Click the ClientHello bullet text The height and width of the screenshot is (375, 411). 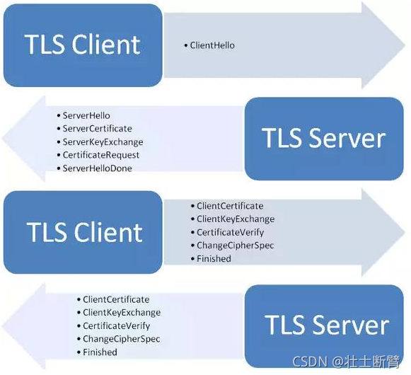(212, 45)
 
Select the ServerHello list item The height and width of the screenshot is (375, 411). (86, 115)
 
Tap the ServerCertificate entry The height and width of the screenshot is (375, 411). (97, 129)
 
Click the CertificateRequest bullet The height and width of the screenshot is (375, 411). (100, 155)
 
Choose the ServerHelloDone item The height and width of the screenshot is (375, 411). (97, 168)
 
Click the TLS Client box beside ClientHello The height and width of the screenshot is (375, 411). (83, 45)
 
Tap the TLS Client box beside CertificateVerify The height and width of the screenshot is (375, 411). (83, 232)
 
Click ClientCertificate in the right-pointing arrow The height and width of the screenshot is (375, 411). (230, 206)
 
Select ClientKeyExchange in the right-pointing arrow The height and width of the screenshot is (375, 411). (235, 219)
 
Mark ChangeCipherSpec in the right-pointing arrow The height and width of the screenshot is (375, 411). (235, 246)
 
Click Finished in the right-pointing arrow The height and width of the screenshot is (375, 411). (214, 259)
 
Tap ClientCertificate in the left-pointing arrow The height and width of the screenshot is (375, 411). (116, 299)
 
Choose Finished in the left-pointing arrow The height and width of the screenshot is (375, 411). (100, 352)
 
